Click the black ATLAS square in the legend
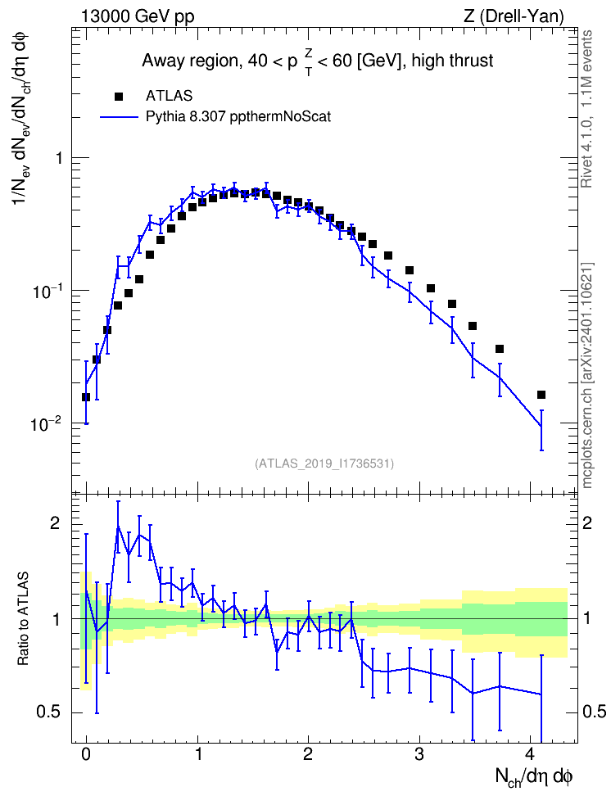pos(119,97)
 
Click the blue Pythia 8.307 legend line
pos(120,117)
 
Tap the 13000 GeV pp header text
pos(138,16)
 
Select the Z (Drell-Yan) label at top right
pos(514,16)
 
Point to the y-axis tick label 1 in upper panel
pos(59,158)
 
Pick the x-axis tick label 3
pos(419,754)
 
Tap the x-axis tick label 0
pos(86,754)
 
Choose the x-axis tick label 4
pos(530,754)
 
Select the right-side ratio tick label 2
pos(587,523)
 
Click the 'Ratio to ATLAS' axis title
pos(24,618)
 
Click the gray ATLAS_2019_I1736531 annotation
pos(324,464)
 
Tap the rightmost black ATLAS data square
pos(541,395)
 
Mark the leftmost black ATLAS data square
pos(86,397)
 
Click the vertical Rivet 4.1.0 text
pos(586,109)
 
